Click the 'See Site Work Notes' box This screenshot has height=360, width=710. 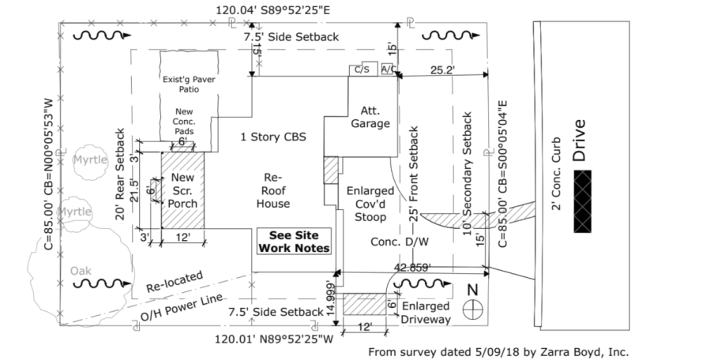[294, 242]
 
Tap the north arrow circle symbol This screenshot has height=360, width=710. [472, 307]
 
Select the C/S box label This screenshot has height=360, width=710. [363, 69]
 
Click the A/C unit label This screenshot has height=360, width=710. [389, 69]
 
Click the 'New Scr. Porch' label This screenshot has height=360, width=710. [182, 190]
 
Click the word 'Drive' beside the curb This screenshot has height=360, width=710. [580, 141]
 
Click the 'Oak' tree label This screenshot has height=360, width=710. [80, 270]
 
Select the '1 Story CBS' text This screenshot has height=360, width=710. [272, 137]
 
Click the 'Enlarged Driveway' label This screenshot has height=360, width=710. [426, 313]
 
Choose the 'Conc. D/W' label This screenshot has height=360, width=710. [394, 242]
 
